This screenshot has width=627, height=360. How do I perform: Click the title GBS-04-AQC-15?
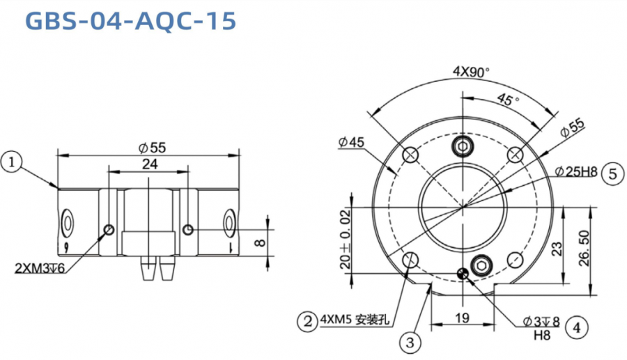pos(130,21)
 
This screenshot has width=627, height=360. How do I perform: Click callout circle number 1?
pos(12,162)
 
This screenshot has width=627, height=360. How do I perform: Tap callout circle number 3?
pos(410,341)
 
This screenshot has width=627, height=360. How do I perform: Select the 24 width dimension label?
pos(149,164)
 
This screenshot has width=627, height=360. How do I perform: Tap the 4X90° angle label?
pos(471,72)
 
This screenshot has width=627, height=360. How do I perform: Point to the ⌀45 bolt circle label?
pos(352,142)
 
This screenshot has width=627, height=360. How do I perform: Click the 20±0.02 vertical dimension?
pos(346,241)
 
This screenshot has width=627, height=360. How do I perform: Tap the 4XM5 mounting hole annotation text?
pos(353,321)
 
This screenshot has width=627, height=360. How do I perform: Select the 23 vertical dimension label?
pos(556,248)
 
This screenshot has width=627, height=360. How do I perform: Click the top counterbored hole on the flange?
pos(463,146)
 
